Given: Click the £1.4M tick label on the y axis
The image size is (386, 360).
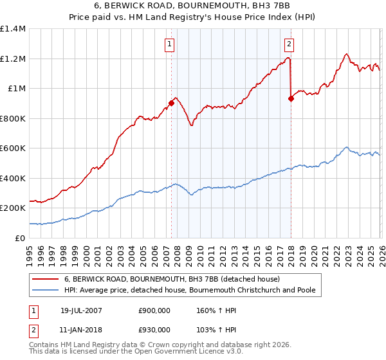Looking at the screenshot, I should click(13, 29).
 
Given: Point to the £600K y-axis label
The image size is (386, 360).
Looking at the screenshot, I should click(13, 148).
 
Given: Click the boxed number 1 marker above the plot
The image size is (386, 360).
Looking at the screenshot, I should click(170, 44).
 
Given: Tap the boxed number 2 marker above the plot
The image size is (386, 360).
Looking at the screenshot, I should click(289, 44).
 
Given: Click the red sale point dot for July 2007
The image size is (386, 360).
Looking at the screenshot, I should click(172, 103).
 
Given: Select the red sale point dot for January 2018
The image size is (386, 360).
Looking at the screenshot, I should click(291, 98).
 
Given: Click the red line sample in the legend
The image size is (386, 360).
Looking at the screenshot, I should click(45, 280).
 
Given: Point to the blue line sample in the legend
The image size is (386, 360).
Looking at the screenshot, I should click(45, 291).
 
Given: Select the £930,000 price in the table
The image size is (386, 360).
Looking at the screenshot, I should click(154, 330).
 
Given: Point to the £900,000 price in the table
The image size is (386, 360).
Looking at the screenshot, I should click(154, 310).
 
